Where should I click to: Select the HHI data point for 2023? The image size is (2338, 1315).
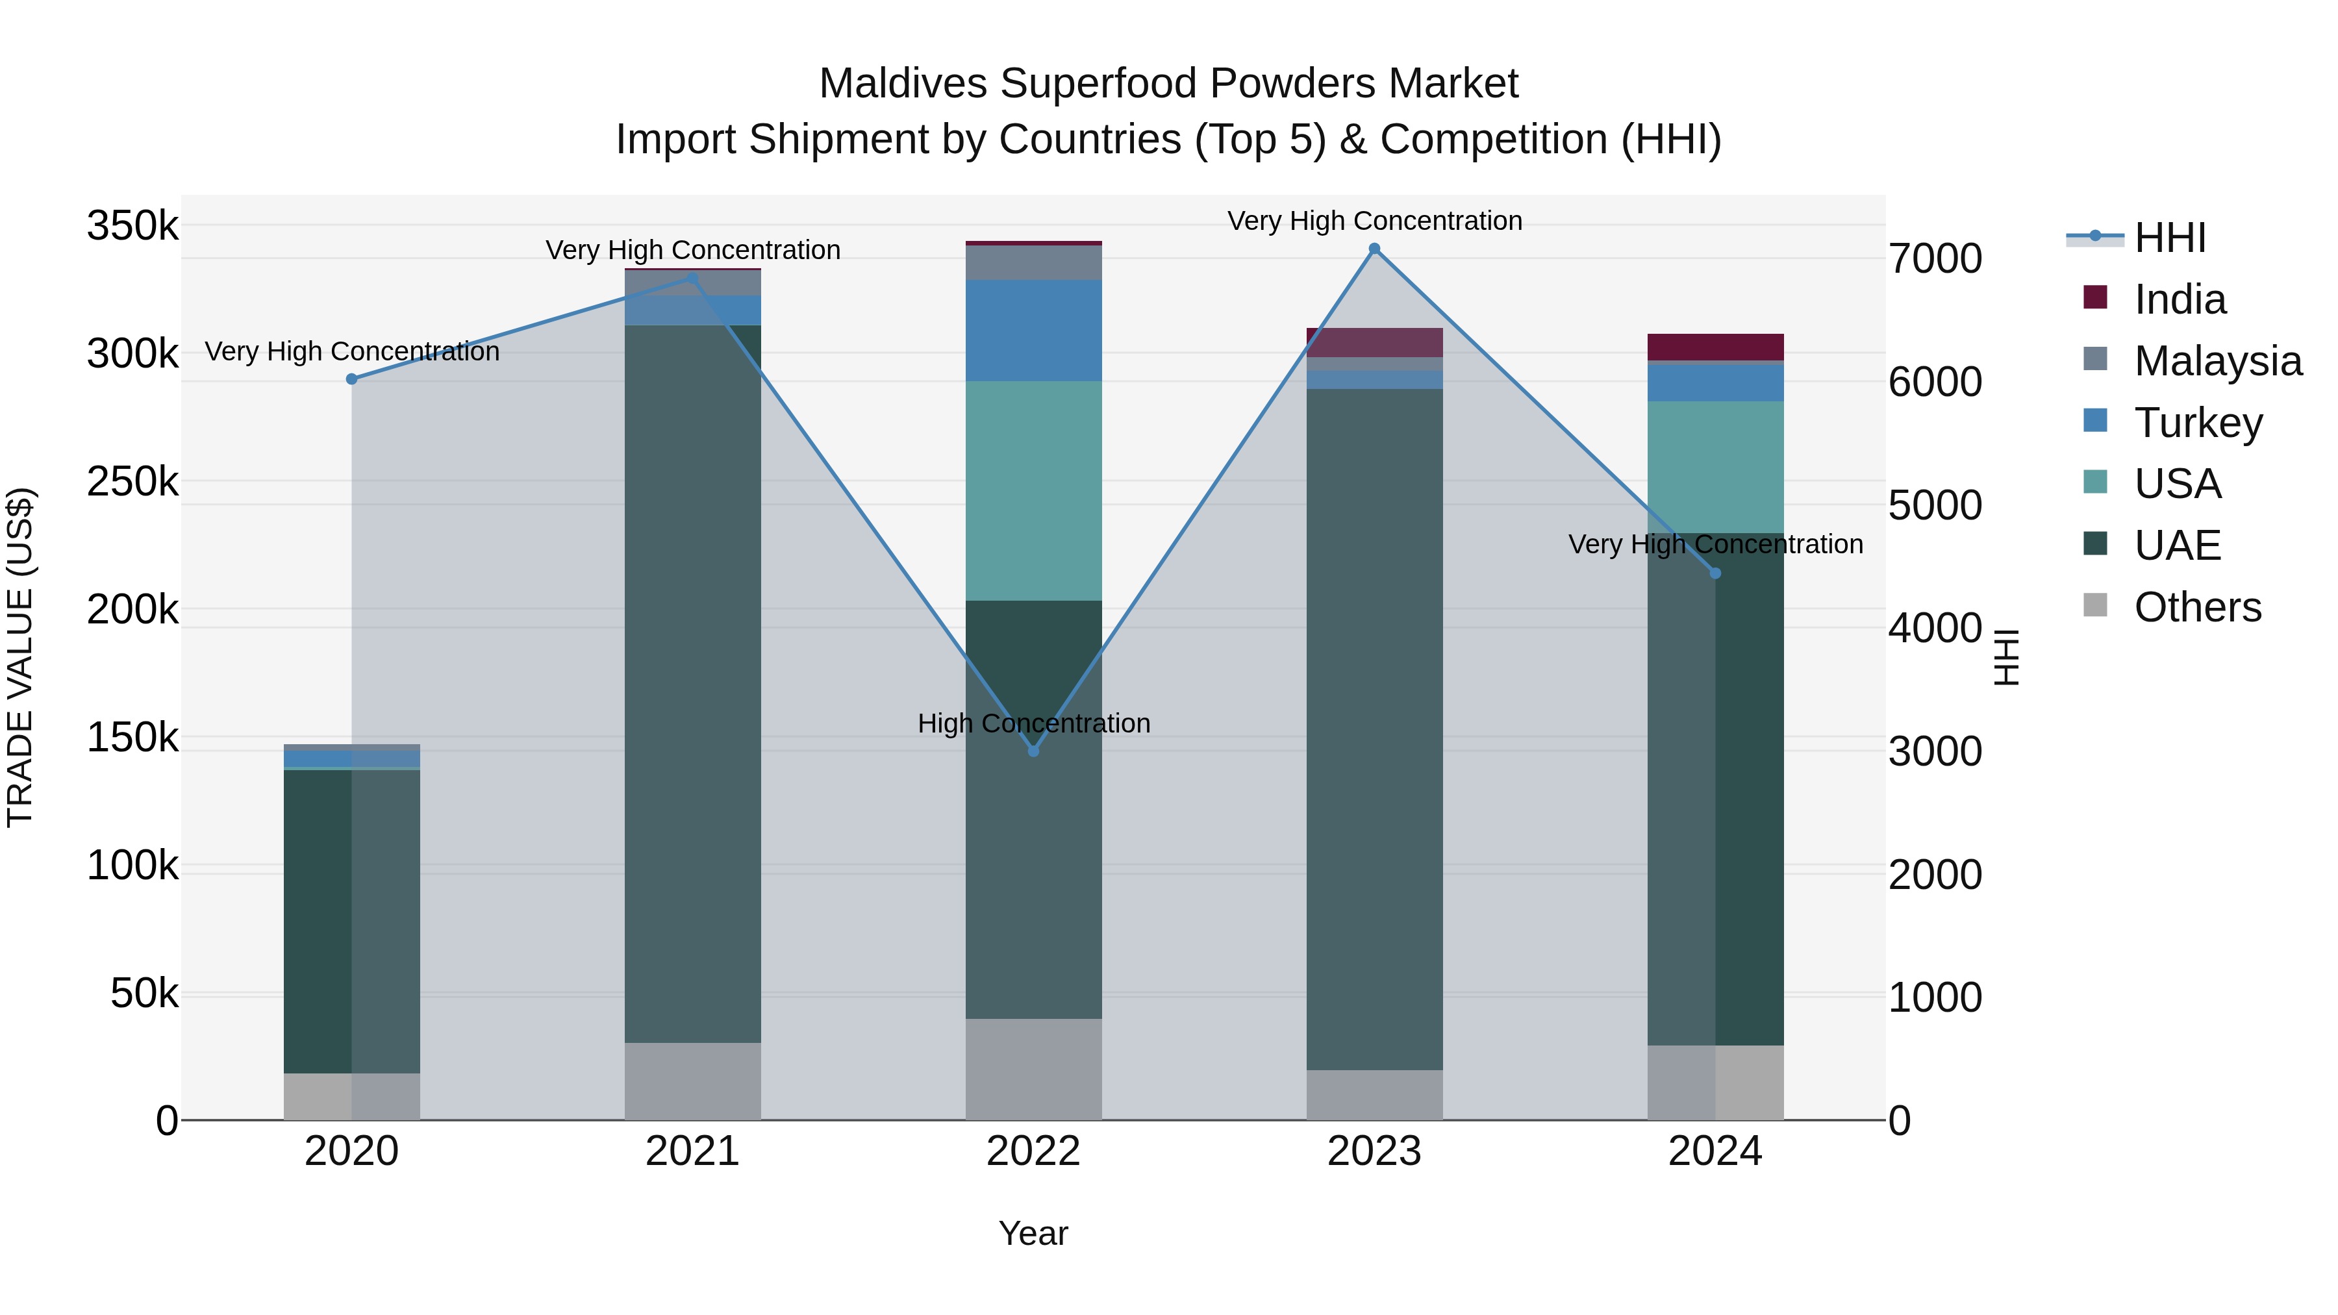click(x=1374, y=249)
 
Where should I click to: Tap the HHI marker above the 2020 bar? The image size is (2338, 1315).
click(x=352, y=379)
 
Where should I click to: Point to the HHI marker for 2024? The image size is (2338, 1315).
click(x=1715, y=573)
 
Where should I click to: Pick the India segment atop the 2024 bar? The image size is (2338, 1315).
click(x=1715, y=347)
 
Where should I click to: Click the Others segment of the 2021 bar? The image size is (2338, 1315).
click(x=692, y=1080)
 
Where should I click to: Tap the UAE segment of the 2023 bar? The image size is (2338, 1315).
click(x=1374, y=726)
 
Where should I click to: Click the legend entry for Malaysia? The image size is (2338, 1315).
click(x=2217, y=361)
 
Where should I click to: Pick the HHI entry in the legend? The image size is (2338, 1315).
click(x=2169, y=238)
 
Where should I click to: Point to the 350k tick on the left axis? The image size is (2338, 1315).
click(x=132, y=225)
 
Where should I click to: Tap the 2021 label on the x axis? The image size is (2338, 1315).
click(x=692, y=1151)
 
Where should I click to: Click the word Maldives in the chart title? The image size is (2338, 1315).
click(x=902, y=84)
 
